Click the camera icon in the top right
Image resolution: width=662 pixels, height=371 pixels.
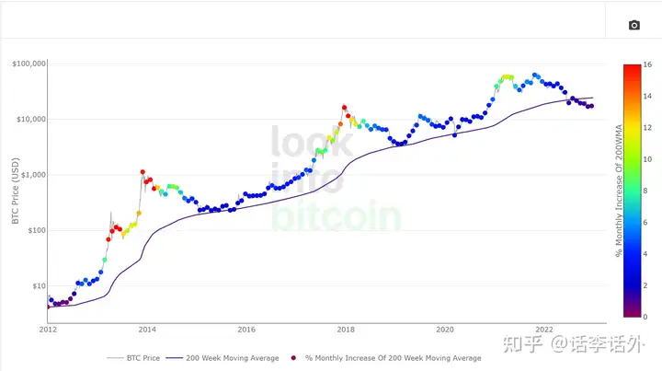pos(633,25)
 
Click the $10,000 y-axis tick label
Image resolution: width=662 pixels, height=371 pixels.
pos(30,120)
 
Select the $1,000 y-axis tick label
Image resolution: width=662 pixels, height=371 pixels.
pos(32,175)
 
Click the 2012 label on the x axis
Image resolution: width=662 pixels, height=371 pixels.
pos(47,329)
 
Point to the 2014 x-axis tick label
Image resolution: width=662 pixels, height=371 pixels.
pos(146,329)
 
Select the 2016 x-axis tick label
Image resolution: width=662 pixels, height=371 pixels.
pos(245,329)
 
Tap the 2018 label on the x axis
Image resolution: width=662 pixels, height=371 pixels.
pos(346,329)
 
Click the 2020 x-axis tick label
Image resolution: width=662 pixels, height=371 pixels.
pos(445,329)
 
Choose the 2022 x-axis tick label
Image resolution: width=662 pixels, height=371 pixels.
pos(544,329)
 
